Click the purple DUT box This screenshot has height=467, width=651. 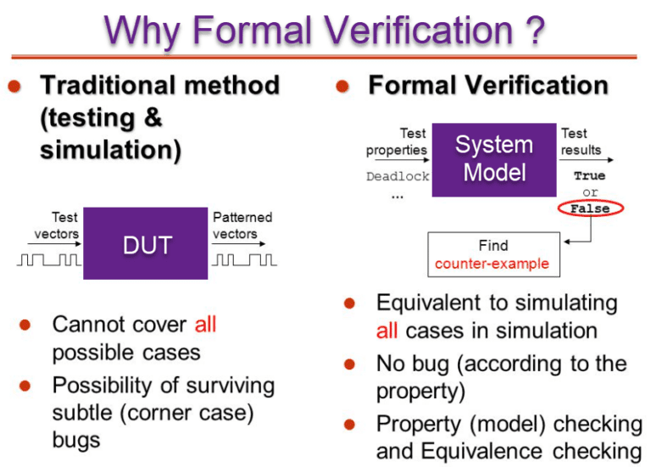145,244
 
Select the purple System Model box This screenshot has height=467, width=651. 493,159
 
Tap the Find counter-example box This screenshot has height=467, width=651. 492,254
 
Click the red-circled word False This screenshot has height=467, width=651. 589,208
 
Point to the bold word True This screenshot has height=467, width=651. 589,176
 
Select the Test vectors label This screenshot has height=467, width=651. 59,225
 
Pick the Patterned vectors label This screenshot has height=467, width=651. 242,225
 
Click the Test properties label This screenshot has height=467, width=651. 397,142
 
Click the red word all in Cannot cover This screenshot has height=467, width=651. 205,325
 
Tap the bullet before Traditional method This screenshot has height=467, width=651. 15,86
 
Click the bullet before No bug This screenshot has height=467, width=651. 348,364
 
